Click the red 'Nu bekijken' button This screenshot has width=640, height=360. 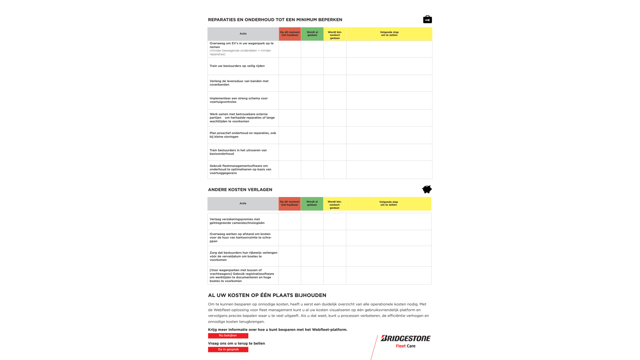[228, 336]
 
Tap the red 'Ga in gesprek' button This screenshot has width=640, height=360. [228, 349]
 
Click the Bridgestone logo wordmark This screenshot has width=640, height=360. [406, 338]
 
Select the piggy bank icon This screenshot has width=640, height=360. [427, 189]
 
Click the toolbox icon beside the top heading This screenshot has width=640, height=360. [427, 19]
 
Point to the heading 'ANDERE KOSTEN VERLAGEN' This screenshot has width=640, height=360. [240, 190]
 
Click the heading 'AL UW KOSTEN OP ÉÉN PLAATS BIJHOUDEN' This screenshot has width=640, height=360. [267, 295]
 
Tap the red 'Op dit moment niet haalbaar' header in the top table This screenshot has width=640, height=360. [290, 34]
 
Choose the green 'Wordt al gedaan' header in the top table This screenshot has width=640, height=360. [312, 34]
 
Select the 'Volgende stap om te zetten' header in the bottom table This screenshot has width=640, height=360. [388, 203]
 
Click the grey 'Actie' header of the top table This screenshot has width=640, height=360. [243, 34]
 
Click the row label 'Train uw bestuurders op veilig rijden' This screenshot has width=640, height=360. [237, 66]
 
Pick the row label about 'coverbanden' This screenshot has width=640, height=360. [239, 83]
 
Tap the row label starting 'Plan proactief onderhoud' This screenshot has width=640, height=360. [243, 135]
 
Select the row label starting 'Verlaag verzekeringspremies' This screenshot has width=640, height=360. [237, 221]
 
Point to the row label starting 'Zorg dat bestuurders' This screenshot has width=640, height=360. [243, 256]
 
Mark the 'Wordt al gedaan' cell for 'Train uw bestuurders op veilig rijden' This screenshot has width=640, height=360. [312, 66]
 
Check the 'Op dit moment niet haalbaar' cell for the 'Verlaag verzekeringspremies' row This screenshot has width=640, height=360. [290, 221]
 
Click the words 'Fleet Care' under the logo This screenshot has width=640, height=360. [406, 346]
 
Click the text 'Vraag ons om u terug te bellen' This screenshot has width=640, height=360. [236, 343]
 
